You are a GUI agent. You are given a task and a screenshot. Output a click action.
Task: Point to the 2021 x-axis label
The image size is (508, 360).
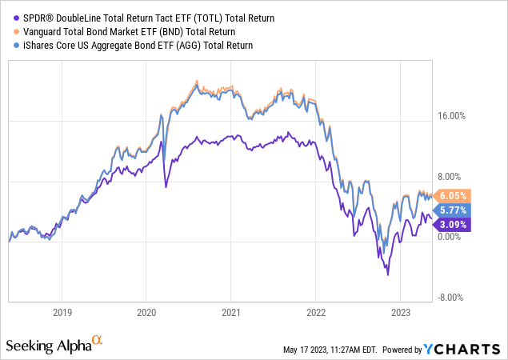(x=231, y=312)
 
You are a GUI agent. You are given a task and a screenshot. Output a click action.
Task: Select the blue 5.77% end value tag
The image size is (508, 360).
(x=453, y=210)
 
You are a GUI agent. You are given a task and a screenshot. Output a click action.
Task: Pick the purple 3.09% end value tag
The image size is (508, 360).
(x=453, y=224)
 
